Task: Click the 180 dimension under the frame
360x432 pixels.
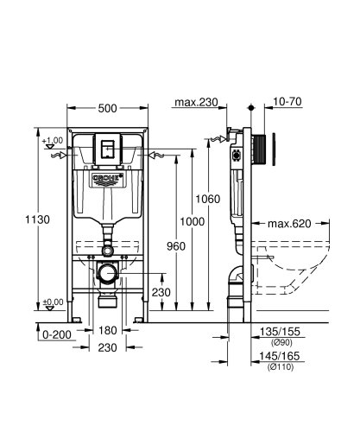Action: point(108,331)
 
